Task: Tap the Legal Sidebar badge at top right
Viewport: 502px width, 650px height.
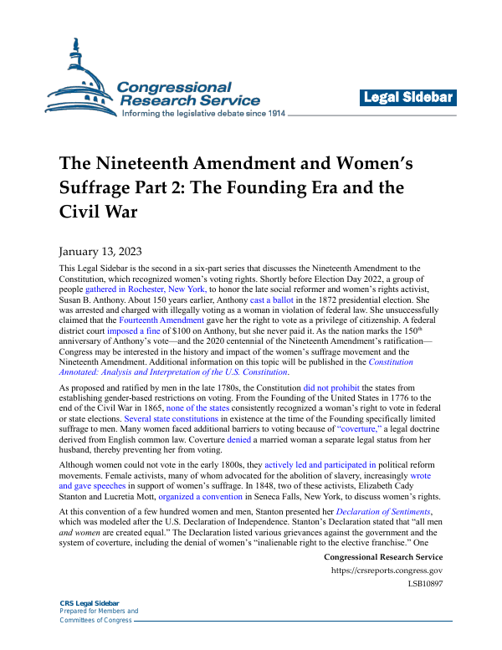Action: pos(407,98)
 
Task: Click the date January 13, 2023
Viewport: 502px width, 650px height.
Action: pos(100,251)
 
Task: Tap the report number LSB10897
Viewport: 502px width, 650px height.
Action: pos(425,585)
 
